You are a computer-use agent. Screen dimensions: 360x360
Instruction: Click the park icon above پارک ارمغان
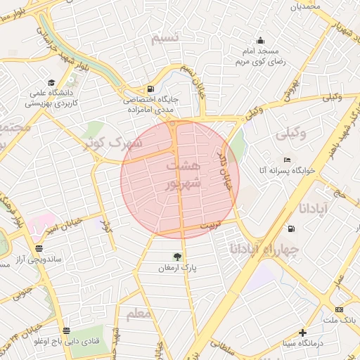[x=177, y=256]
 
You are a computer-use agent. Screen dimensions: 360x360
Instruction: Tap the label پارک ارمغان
[x=178, y=268]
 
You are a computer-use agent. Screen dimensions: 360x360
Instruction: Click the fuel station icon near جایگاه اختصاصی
[x=150, y=89]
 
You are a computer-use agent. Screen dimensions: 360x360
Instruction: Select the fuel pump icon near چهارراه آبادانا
[x=292, y=229]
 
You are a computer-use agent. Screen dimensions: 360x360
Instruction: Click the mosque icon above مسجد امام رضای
[x=261, y=40]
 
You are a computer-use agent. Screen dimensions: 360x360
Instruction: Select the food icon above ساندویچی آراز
[x=39, y=248]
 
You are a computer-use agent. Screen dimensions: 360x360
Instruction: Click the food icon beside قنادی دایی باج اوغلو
[x=66, y=330]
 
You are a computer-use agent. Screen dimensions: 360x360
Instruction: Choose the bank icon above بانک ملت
[x=340, y=309]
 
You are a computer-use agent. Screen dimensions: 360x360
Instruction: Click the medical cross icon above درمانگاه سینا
[x=303, y=332]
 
